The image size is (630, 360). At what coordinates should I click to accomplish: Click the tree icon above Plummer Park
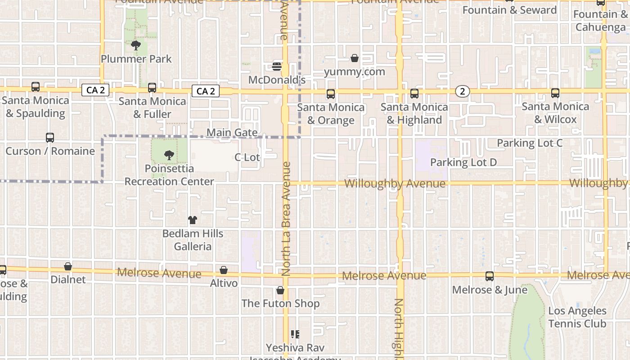[x=135, y=45]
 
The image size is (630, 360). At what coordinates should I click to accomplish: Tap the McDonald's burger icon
[x=277, y=67]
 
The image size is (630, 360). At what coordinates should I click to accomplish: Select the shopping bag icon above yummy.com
[x=355, y=58]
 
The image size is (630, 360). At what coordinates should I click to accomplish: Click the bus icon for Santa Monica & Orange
[x=331, y=94]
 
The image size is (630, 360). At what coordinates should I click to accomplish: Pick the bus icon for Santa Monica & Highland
[x=414, y=94]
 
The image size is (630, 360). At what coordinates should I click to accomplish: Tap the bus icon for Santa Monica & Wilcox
[x=555, y=93]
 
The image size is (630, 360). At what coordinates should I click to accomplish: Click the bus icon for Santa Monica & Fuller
[x=152, y=87]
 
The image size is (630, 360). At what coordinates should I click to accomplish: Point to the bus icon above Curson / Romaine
[x=50, y=138]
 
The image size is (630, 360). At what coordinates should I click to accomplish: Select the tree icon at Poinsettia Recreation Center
[x=169, y=155]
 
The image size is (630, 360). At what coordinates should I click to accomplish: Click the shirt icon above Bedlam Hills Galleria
[x=193, y=220]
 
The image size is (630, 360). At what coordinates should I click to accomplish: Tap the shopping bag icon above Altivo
[x=224, y=270]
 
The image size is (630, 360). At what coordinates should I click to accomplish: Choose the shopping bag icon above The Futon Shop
[x=280, y=290]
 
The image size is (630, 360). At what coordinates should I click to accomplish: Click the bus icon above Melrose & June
[x=490, y=276]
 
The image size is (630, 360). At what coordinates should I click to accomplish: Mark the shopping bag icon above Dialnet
[x=68, y=266]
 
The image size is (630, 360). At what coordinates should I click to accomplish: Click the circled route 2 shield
[x=462, y=91]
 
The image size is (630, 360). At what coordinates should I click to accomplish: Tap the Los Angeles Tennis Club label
[x=577, y=317]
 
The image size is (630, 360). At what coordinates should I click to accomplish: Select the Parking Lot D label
[x=463, y=162]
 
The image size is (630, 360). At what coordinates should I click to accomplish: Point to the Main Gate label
[x=232, y=133]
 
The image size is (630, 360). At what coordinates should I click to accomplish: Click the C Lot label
[x=247, y=157]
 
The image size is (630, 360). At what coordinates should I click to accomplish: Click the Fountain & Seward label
[x=509, y=10]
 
